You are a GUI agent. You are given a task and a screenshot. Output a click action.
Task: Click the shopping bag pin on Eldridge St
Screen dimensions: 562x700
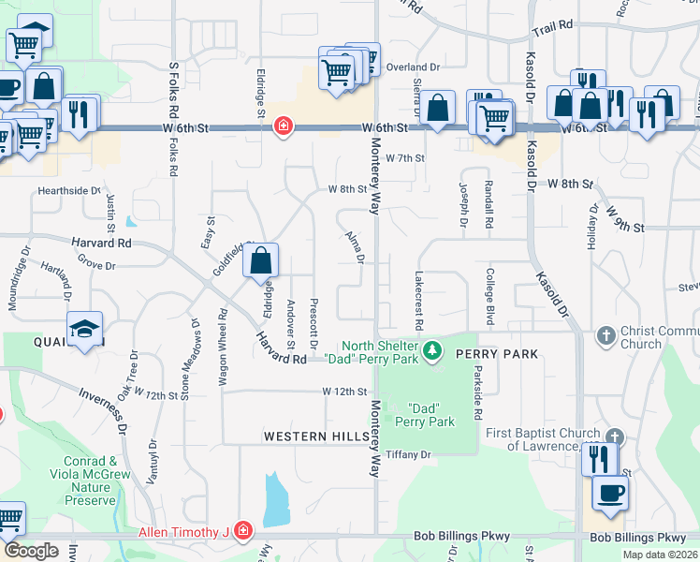[262, 261]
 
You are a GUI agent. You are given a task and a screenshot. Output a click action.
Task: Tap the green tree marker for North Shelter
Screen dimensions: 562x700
[432, 351]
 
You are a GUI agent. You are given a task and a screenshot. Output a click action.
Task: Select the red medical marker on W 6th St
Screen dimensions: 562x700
[282, 127]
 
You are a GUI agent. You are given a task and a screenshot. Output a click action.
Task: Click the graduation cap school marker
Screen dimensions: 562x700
[85, 330]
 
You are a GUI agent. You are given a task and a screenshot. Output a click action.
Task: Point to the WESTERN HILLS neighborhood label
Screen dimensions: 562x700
[310, 436]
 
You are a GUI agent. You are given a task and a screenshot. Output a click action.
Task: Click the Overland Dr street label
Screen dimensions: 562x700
[414, 67]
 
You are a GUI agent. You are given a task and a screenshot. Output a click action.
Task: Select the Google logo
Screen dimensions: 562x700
[31, 551]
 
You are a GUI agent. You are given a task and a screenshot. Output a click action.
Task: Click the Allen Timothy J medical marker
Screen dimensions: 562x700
[242, 532]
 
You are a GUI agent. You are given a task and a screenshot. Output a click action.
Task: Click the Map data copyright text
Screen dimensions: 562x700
[659, 555]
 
